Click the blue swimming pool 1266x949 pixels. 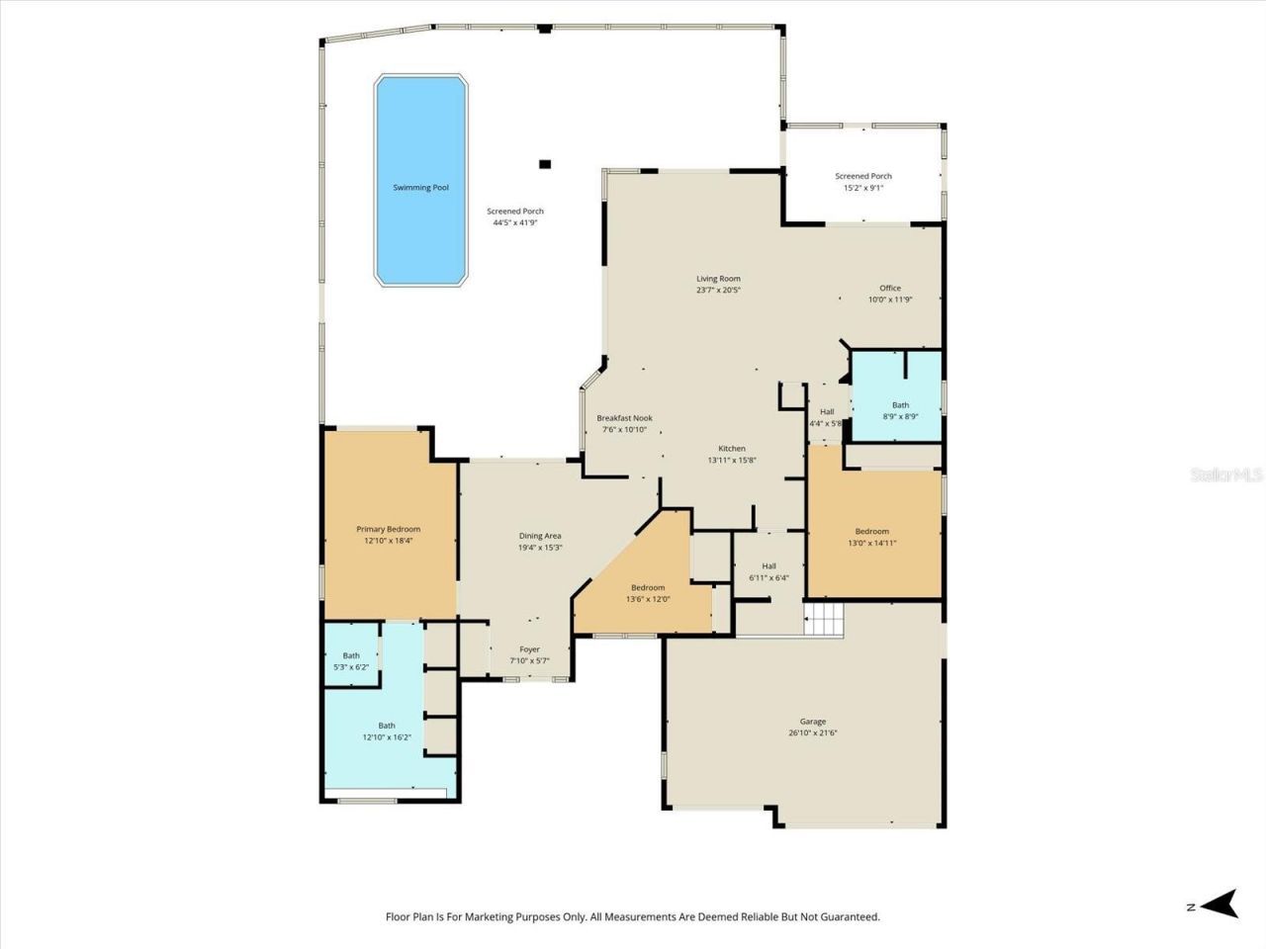click(420, 180)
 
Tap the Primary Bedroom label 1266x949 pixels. click(388, 529)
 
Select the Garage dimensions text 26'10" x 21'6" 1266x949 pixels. click(813, 733)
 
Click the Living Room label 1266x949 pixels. click(718, 279)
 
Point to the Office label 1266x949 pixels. click(890, 288)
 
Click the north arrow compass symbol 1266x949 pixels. click(1223, 904)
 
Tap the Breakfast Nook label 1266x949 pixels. click(624, 418)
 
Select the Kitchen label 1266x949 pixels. click(732, 448)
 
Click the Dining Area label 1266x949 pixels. click(540, 536)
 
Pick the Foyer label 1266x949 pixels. click(529, 649)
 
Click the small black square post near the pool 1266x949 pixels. click(544, 164)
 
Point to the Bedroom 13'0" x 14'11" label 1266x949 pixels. click(871, 531)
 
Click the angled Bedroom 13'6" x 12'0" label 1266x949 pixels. click(648, 587)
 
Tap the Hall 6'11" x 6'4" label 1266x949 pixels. click(769, 565)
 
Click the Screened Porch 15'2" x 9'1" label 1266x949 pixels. click(862, 176)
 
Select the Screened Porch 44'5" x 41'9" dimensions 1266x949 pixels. click(515, 223)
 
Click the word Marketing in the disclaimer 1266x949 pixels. click(513, 916)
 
